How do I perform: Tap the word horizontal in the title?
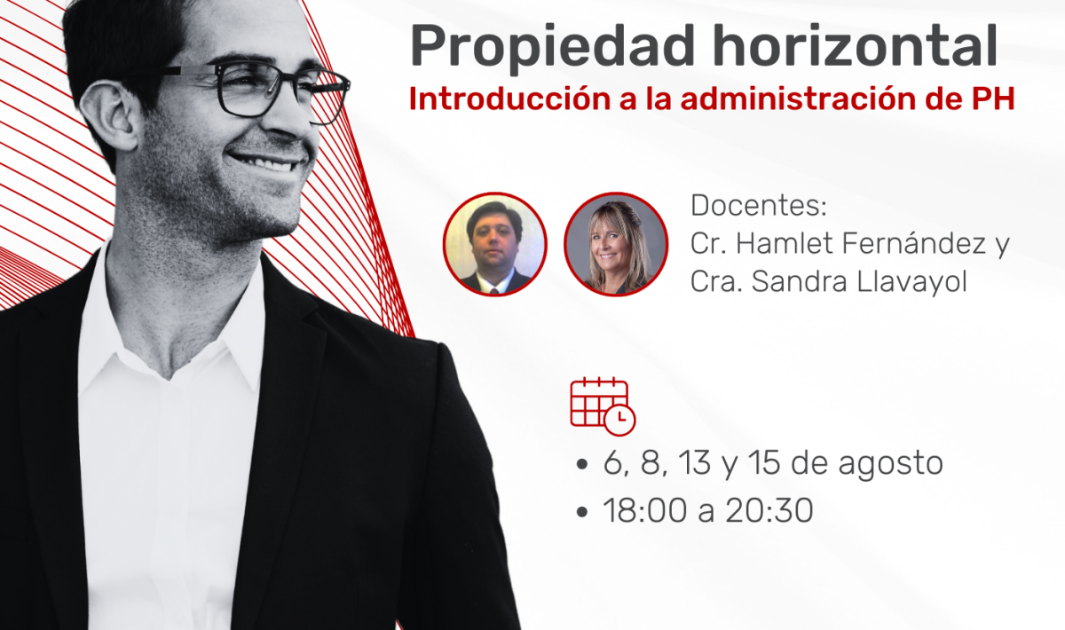tap(855, 44)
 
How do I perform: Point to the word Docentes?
tap(758, 205)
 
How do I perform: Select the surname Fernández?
tap(914, 243)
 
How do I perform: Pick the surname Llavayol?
tap(911, 281)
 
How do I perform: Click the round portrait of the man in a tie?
tap(495, 244)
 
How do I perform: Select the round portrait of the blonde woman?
tap(616, 244)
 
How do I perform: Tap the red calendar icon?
tap(603, 406)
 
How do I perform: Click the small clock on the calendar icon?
tap(619, 420)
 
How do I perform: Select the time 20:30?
tap(769, 511)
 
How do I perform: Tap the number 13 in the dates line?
tap(695, 462)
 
